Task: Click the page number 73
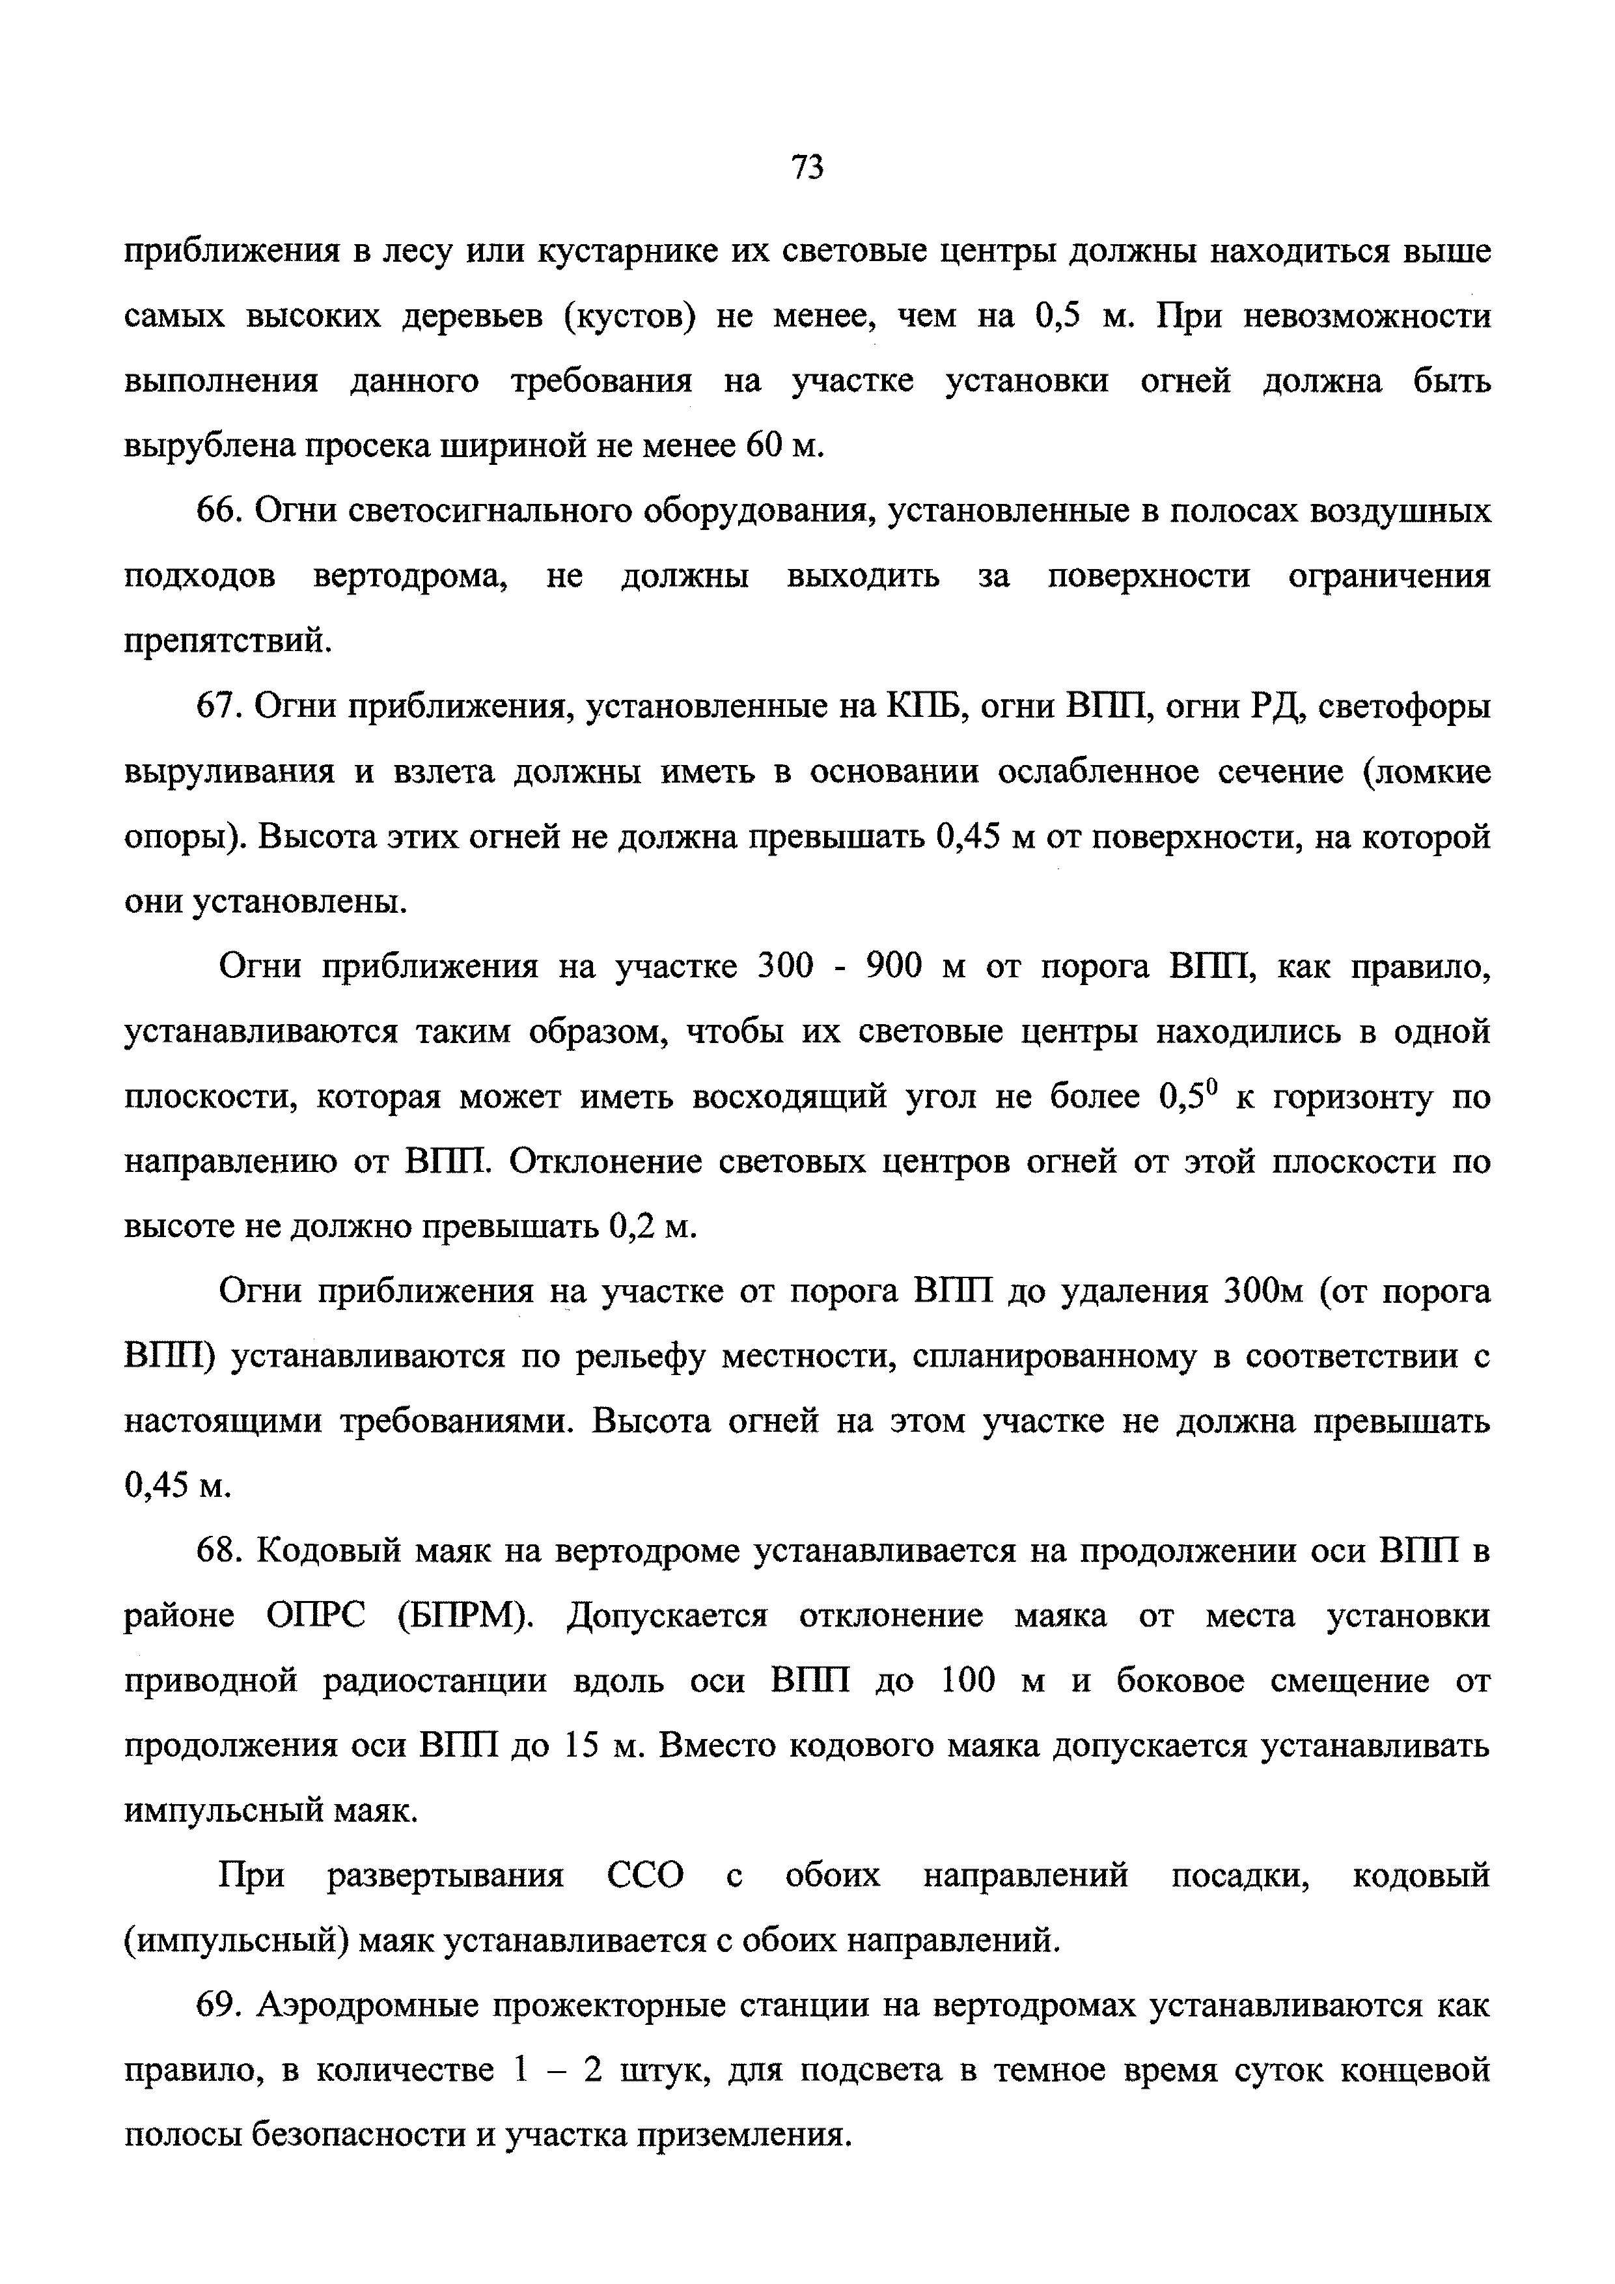[x=807, y=167]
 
